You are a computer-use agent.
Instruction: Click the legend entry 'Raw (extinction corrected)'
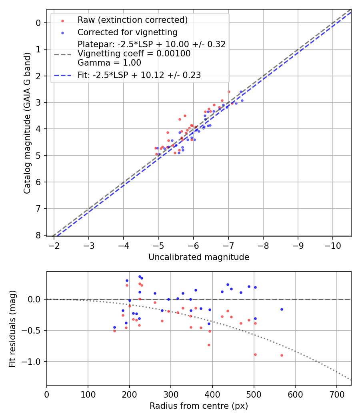click(132, 20)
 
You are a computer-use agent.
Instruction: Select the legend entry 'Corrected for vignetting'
click(127, 32)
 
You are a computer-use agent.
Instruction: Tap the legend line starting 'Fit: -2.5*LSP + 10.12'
click(139, 75)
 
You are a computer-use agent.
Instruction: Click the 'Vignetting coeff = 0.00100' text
click(134, 54)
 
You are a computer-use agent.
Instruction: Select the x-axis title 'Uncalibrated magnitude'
click(199, 257)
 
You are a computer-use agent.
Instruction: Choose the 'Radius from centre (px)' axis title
click(199, 406)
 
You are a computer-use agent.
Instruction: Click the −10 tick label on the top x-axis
click(333, 245)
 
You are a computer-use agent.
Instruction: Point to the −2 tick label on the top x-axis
click(54, 245)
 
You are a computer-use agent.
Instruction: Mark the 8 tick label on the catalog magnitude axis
click(38, 235)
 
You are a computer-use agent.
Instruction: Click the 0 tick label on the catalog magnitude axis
click(38, 23)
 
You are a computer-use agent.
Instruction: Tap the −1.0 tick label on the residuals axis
click(33, 362)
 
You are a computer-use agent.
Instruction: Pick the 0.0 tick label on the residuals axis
click(36, 299)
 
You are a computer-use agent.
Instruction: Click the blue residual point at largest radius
click(282, 309)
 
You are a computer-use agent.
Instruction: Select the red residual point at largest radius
click(282, 355)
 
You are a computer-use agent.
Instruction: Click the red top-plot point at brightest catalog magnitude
click(229, 92)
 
